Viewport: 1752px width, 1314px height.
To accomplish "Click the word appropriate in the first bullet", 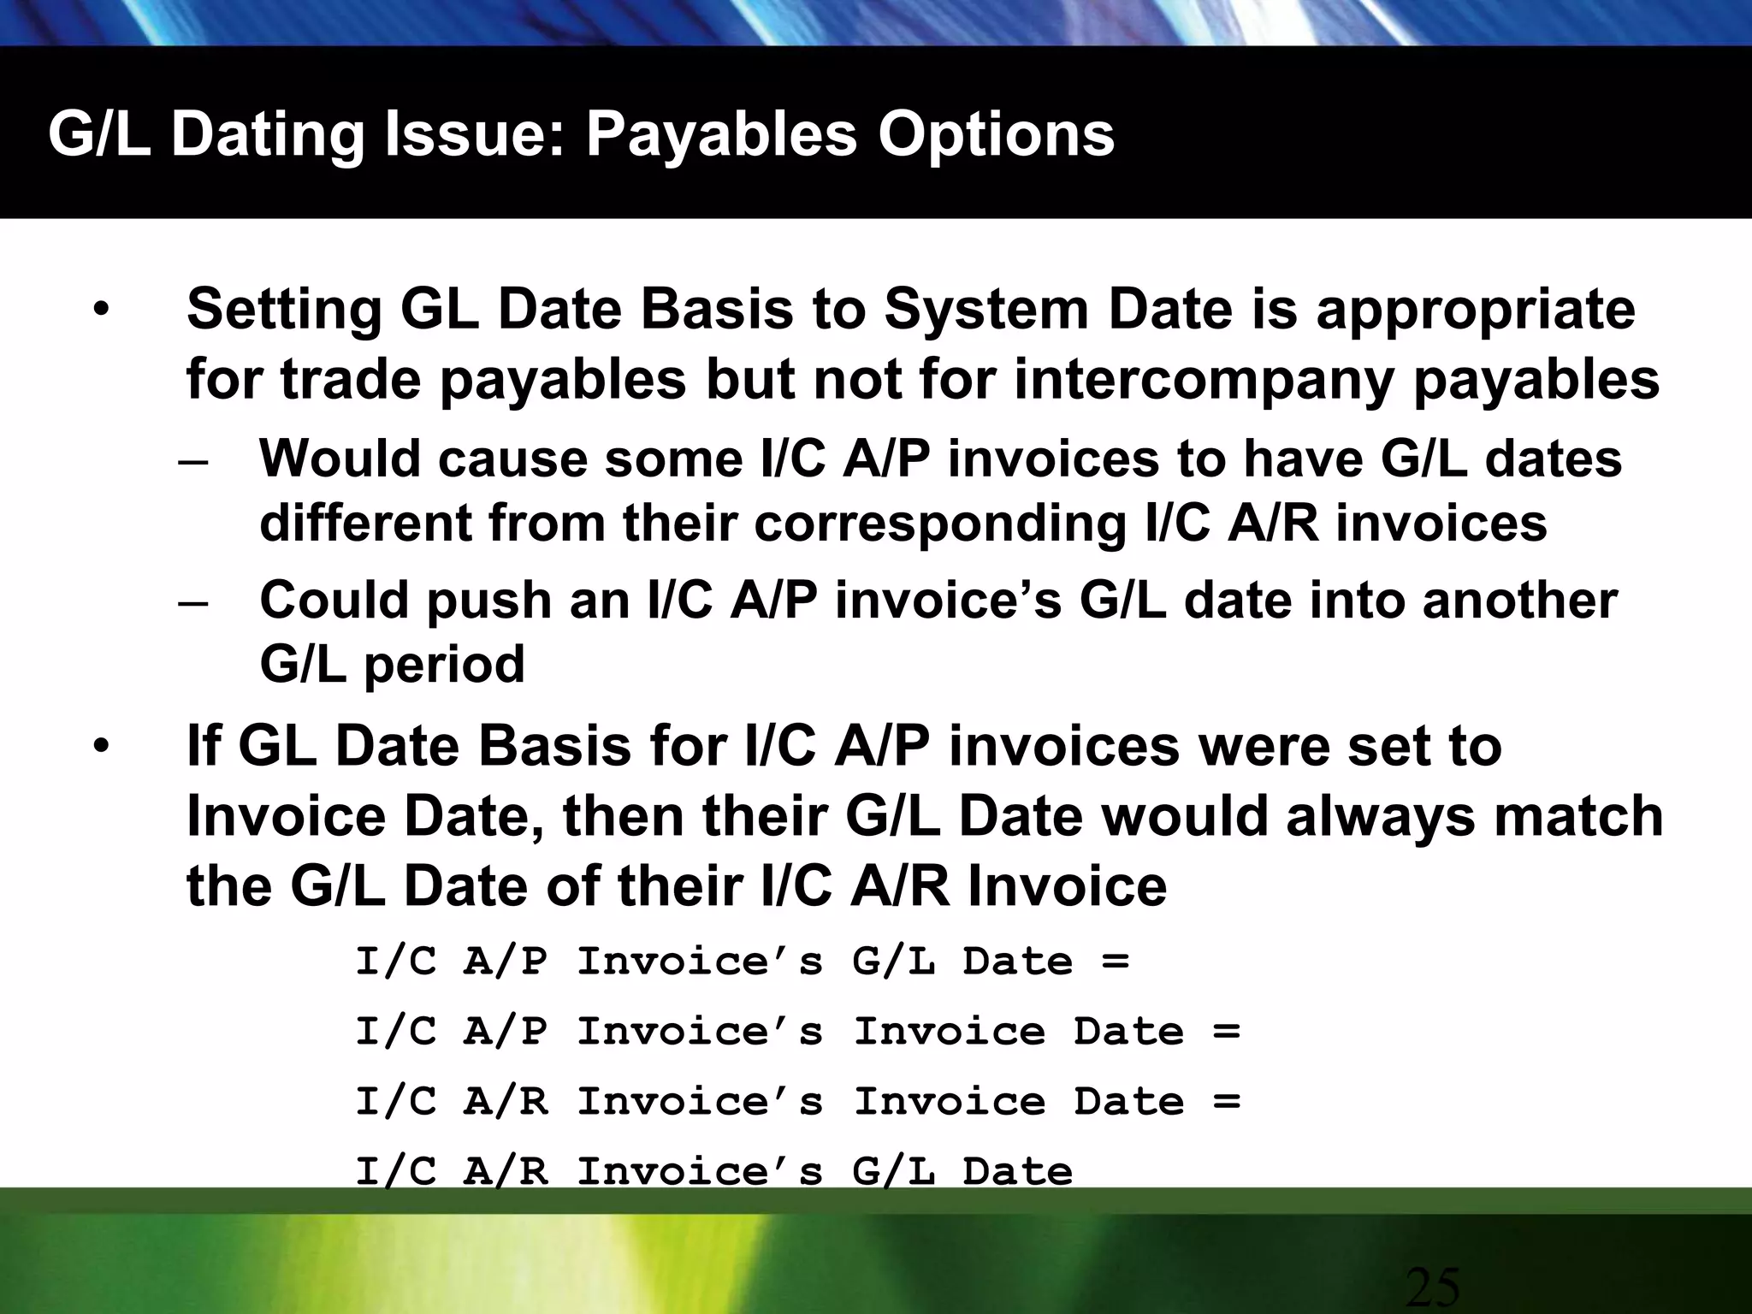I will point(1476,310).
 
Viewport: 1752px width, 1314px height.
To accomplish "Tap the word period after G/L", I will point(444,665).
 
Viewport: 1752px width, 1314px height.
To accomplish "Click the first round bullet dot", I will point(103,311).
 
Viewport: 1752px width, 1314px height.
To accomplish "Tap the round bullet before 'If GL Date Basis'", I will point(103,748).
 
